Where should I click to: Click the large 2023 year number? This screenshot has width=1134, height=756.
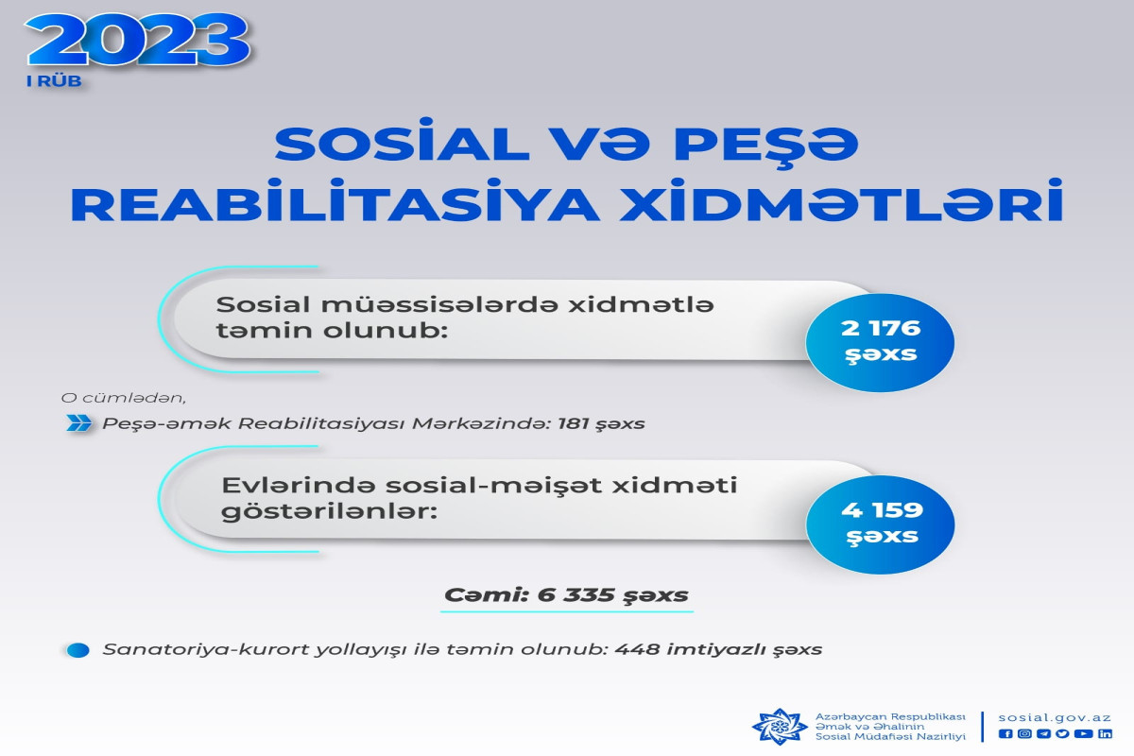(x=138, y=41)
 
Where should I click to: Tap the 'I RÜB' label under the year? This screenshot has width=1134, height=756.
(x=54, y=81)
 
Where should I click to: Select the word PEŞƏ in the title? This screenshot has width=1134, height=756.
(x=766, y=144)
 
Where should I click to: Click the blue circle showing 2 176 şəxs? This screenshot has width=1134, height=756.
(x=880, y=342)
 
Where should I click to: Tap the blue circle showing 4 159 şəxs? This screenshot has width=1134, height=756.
(x=881, y=524)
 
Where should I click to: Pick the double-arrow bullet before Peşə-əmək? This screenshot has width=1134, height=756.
(x=79, y=422)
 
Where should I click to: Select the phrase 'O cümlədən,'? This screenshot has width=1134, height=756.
(x=124, y=398)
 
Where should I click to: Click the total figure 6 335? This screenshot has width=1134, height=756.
(x=576, y=594)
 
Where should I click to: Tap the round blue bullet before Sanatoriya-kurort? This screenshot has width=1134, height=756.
(x=77, y=650)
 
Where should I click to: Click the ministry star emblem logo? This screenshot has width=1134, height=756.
(x=780, y=727)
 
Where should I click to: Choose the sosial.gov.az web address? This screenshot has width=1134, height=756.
(x=1055, y=717)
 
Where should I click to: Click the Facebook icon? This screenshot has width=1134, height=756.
(x=1005, y=733)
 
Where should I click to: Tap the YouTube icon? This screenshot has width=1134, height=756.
(x=1083, y=733)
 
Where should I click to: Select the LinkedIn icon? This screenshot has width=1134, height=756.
(x=1105, y=733)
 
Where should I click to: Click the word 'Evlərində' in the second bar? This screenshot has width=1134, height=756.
(x=299, y=485)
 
